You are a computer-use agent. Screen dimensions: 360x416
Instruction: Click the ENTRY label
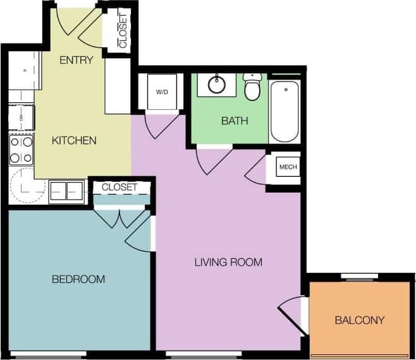click(76, 61)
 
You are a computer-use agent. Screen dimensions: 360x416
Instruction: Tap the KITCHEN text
click(74, 140)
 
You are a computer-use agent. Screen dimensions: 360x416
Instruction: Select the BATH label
click(234, 121)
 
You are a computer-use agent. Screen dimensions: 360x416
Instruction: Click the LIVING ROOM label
click(228, 262)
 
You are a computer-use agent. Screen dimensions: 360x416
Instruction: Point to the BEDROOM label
click(78, 279)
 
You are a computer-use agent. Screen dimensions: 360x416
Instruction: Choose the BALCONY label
click(359, 320)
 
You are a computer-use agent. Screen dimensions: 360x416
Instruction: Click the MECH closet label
click(288, 167)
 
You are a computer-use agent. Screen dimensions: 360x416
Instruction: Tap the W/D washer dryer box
click(162, 92)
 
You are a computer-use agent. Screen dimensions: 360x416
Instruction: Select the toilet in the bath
click(252, 87)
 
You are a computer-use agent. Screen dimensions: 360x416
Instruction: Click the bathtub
click(284, 111)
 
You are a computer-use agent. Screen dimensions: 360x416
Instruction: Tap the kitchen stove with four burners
click(21, 150)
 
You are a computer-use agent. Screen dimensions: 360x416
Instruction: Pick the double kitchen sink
click(67, 190)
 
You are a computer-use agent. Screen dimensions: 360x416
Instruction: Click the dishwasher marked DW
click(21, 117)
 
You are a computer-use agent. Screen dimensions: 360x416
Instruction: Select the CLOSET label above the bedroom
click(119, 188)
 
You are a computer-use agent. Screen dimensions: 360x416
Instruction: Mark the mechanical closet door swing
click(256, 169)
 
